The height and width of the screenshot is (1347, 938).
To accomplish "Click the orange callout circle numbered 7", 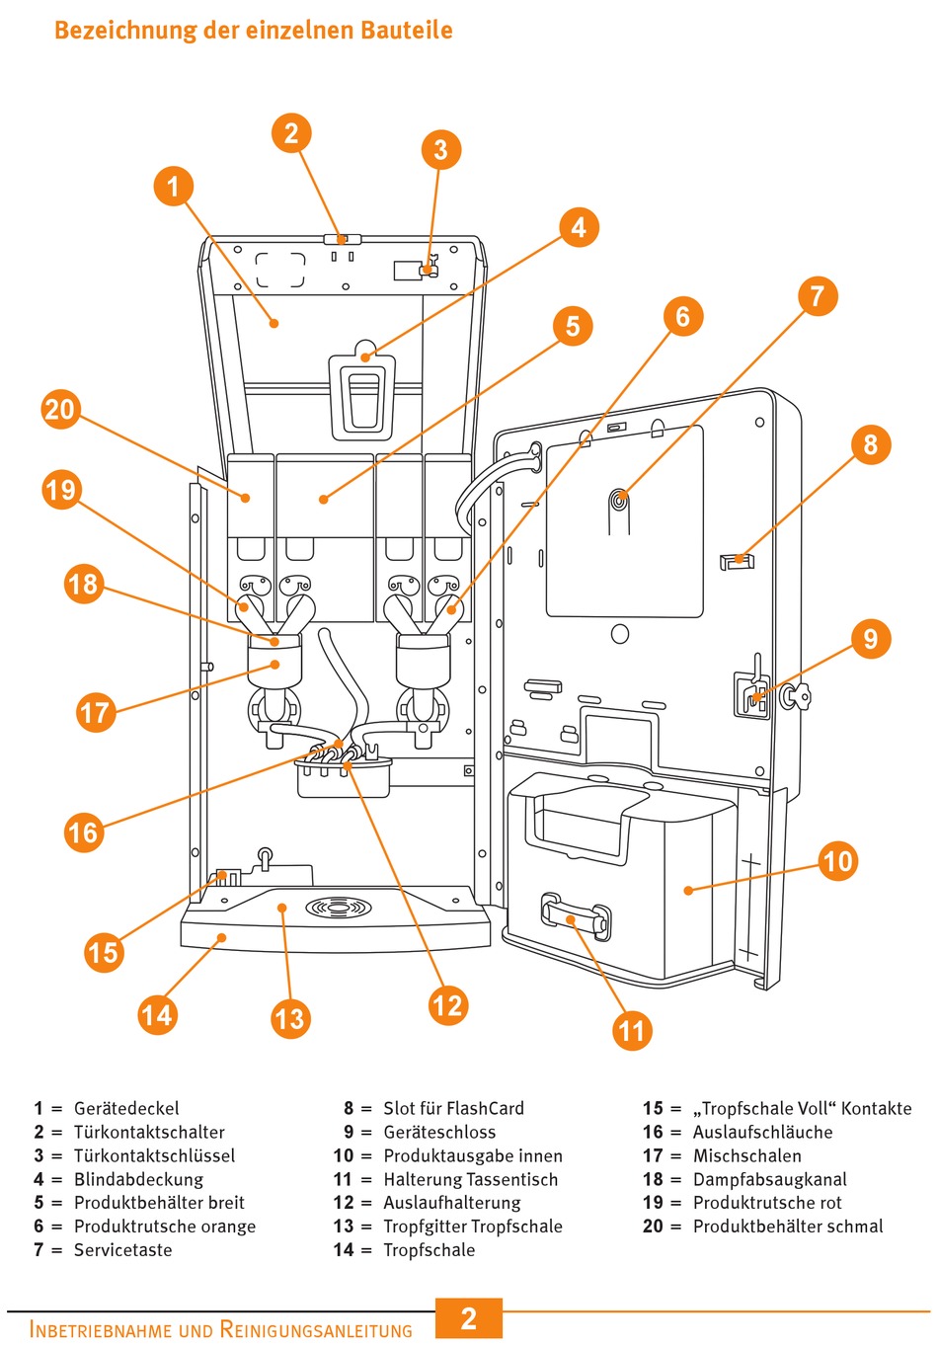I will (x=817, y=296).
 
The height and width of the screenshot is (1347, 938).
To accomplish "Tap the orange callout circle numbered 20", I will (x=60, y=409).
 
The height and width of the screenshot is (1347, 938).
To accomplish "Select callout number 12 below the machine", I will (x=447, y=1005).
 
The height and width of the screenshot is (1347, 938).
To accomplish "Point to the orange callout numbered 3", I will (x=440, y=150).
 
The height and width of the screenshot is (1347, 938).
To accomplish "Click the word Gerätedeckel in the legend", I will (x=126, y=1108).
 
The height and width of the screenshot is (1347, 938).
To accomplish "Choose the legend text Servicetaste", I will (x=122, y=1250).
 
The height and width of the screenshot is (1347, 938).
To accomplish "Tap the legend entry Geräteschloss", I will (x=439, y=1132).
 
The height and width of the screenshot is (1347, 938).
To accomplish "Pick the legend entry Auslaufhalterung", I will (x=451, y=1203).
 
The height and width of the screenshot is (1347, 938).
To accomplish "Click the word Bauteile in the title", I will (x=406, y=30).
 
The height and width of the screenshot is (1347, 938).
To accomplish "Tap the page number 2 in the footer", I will (x=469, y=1318).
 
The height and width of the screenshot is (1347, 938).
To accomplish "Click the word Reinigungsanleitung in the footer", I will (x=316, y=1329).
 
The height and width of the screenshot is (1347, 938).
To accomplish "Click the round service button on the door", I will (x=619, y=501).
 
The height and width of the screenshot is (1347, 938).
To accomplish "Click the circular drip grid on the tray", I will (x=344, y=906).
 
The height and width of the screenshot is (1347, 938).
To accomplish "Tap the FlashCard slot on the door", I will (x=737, y=562).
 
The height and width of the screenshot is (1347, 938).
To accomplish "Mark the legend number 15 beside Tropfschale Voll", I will (x=653, y=1108).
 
